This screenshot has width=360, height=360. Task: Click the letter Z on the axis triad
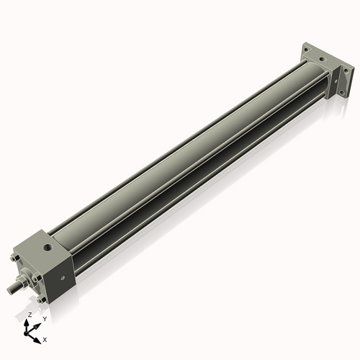[x=29, y=315]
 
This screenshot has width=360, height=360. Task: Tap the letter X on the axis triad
[x=45, y=338]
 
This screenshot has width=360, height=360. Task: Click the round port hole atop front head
[x=48, y=248]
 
